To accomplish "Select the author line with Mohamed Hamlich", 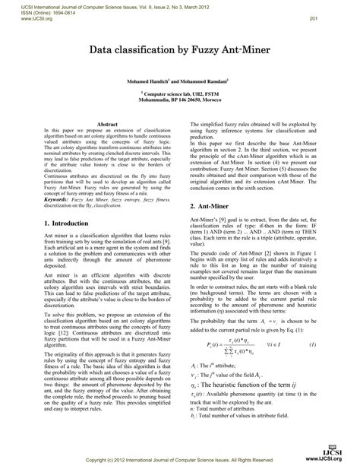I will [178, 79].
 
